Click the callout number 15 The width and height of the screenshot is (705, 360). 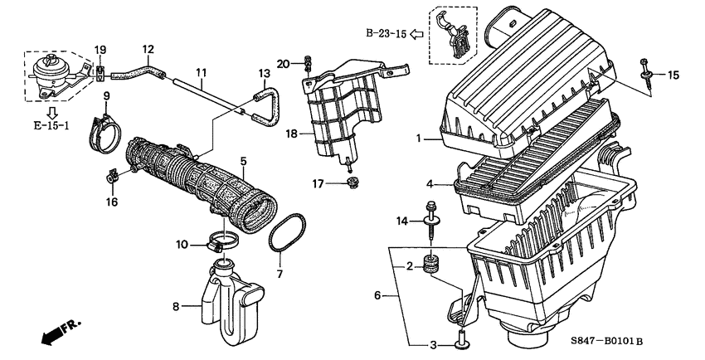tap(673, 75)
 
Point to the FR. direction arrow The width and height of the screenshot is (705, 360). tap(59, 330)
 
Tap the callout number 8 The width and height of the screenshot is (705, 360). tap(176, 306)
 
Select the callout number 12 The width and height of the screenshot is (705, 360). tap(148, 50)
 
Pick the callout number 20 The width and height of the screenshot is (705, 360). tap(282, 63)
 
